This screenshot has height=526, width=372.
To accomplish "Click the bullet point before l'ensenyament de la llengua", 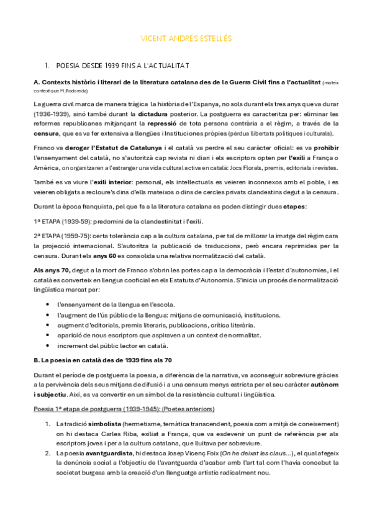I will click(x=49, y=305).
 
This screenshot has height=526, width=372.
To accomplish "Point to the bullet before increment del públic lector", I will click(x=49, y=345).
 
